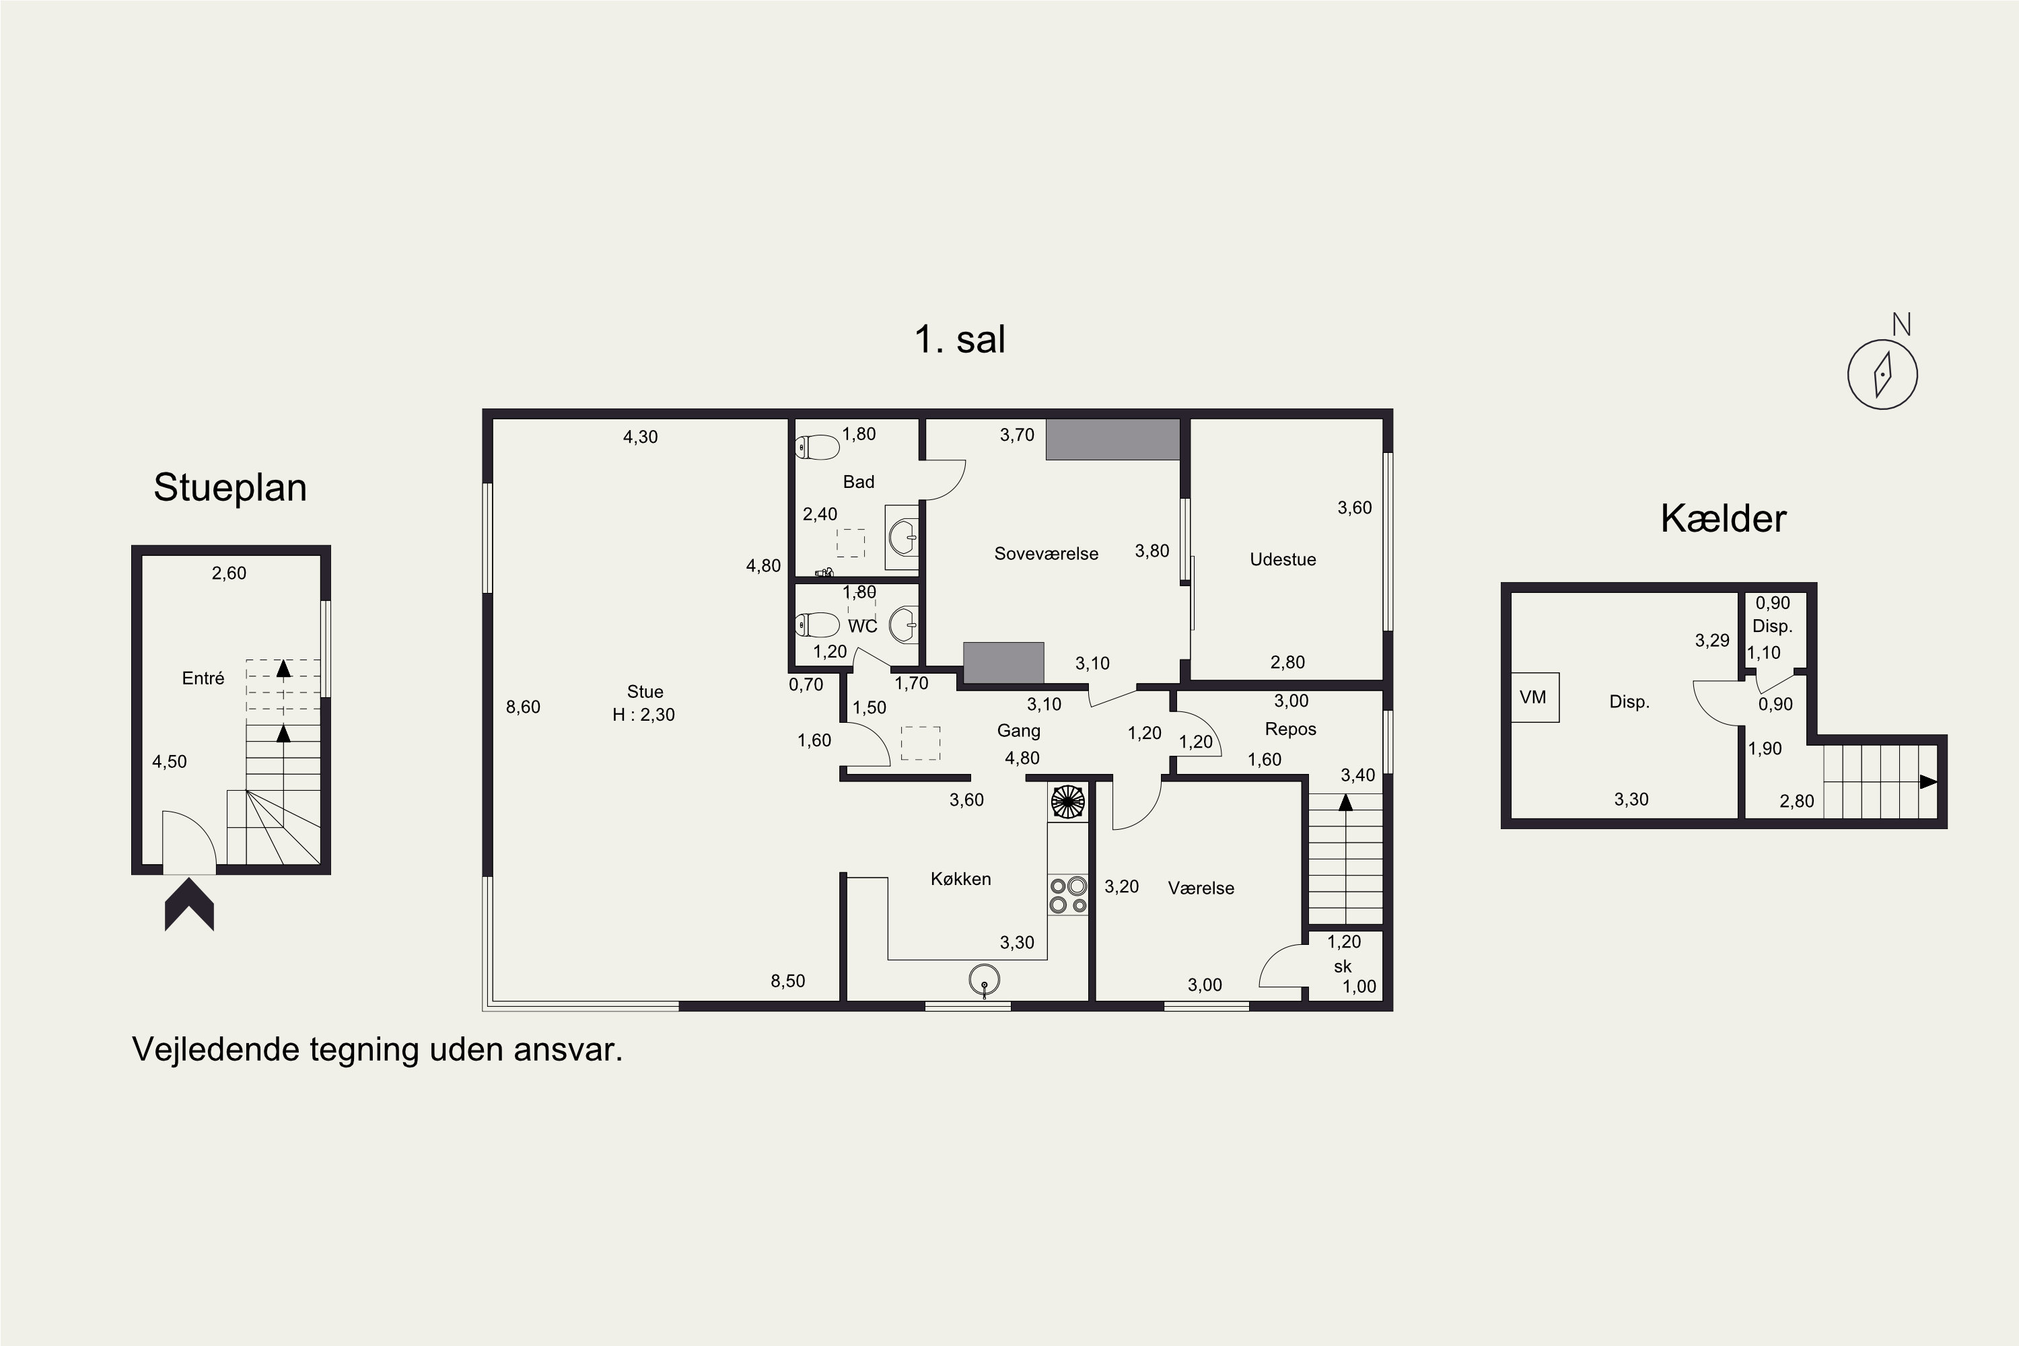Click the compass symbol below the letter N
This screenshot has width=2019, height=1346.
pos(1882,374)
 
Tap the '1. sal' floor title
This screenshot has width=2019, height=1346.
pos(960,339)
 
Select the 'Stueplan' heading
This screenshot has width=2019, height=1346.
pos(230,487)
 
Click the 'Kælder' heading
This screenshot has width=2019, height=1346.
pos(1723,518)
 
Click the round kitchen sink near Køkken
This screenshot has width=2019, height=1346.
pos(984,979)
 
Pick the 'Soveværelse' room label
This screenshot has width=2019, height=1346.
pos(1047,554)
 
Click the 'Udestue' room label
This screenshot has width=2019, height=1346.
pos(1283,560)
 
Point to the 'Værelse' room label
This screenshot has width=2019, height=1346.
pos(1201,888)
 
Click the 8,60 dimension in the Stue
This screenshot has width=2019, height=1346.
pos(523,707)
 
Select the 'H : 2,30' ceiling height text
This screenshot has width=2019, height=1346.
pos(644,714)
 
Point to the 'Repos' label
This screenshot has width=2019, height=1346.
pos(1290,730)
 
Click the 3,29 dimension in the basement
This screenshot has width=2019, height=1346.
pos(1711,641)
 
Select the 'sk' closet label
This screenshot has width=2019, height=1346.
pos(1343,966)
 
